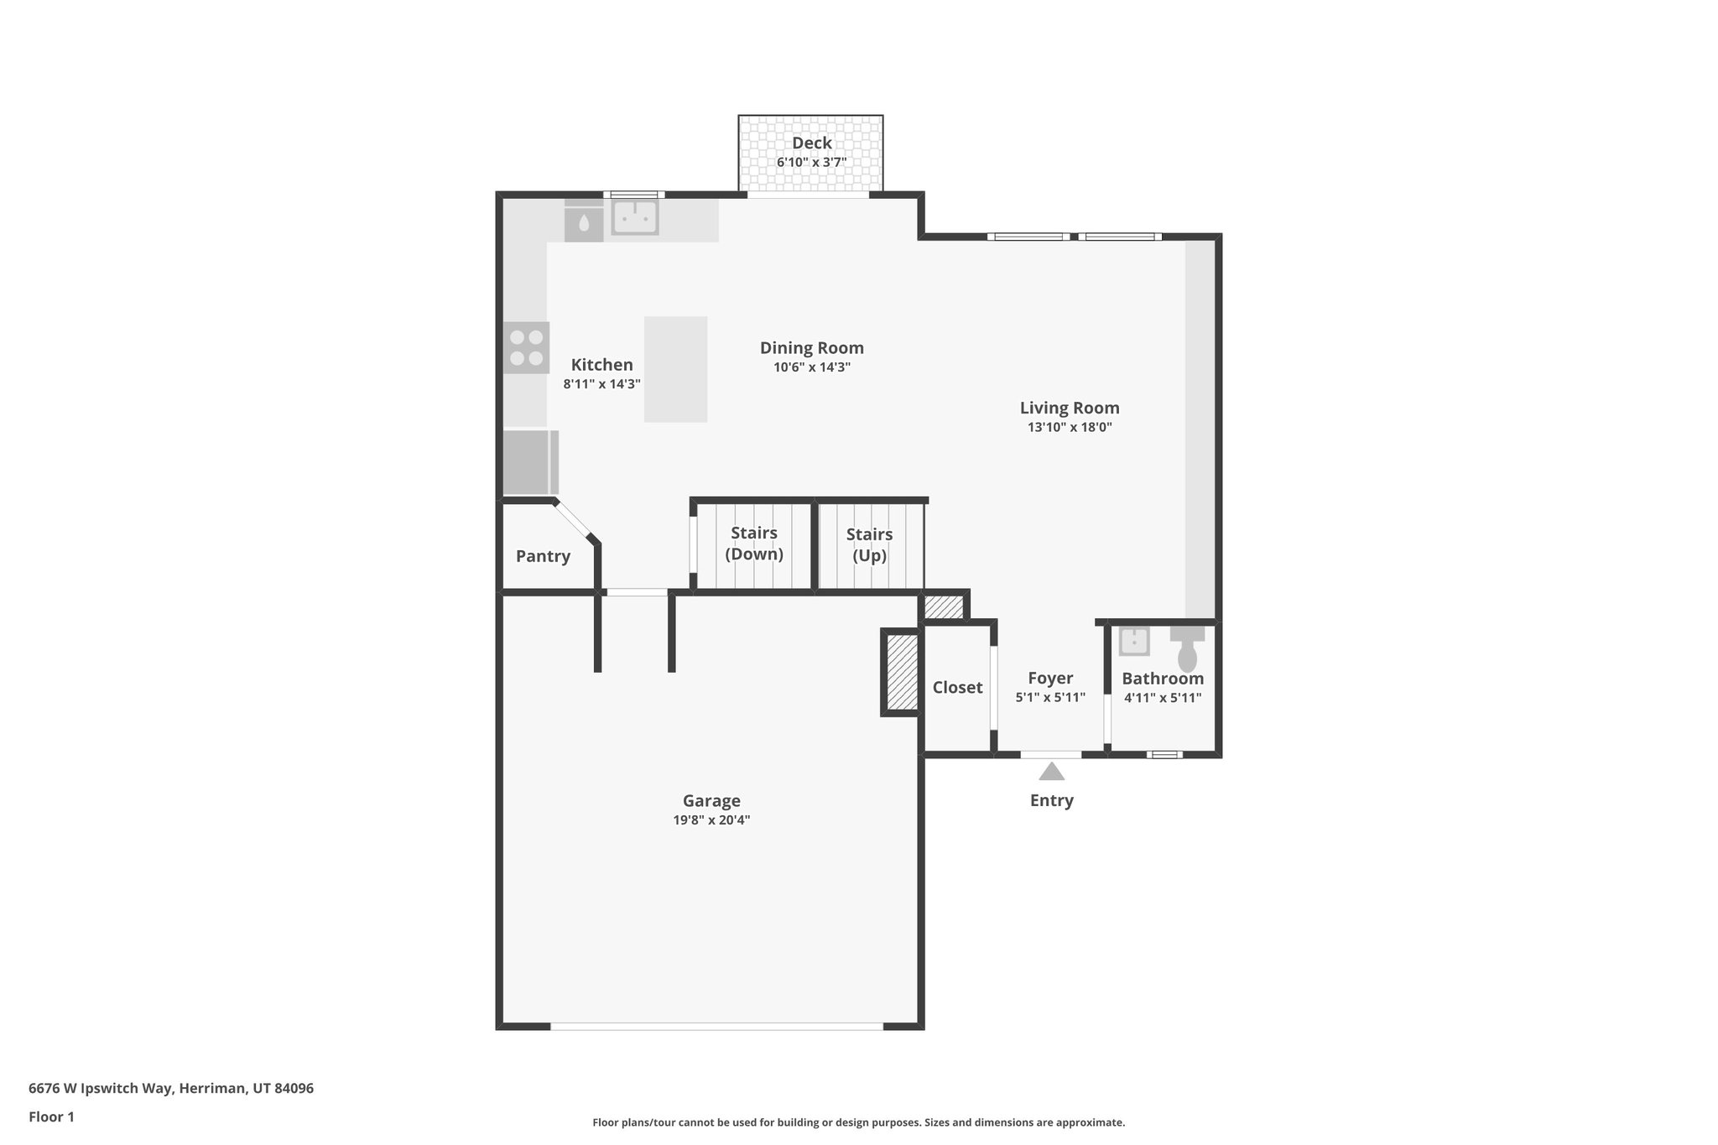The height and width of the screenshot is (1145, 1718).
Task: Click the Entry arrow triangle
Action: [x=1051, y=771]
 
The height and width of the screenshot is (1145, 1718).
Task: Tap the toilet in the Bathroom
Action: [x=1187, y=650]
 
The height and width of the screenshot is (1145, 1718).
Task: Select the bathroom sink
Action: [x=1134, y=641]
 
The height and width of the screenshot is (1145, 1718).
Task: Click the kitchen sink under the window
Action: [x=634, y=218]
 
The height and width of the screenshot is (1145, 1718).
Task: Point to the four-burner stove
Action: [x=526, y=347]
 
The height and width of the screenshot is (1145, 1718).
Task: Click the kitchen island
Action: [x=675, y=369]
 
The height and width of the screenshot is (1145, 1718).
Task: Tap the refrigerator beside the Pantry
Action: [x=528, y=462]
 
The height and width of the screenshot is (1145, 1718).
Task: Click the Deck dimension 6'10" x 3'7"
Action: [x=811, y=162]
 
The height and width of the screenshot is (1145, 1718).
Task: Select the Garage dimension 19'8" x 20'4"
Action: [x=711, y=820]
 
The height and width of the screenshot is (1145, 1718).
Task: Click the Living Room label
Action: [x=1070, y=408]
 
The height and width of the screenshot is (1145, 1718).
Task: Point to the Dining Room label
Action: [x=811, y=347]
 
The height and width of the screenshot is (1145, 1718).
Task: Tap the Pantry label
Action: [x=543, y=556]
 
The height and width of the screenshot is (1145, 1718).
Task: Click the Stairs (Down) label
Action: [x=753, y=544]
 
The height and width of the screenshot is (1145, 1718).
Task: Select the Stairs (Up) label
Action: [x=869, y=544]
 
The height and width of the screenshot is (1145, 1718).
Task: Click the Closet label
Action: [x=957, y=687]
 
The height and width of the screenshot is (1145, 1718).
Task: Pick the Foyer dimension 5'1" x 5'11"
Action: [x=1050, y=697]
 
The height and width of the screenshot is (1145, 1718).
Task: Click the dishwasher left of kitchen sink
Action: [x=583, y=224]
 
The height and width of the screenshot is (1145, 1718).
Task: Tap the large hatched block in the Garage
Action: [x=903, y=672]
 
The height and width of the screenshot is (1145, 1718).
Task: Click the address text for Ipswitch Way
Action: [x=171, y=1088]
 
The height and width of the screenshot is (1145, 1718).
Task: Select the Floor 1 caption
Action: [x=51, y=1116]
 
